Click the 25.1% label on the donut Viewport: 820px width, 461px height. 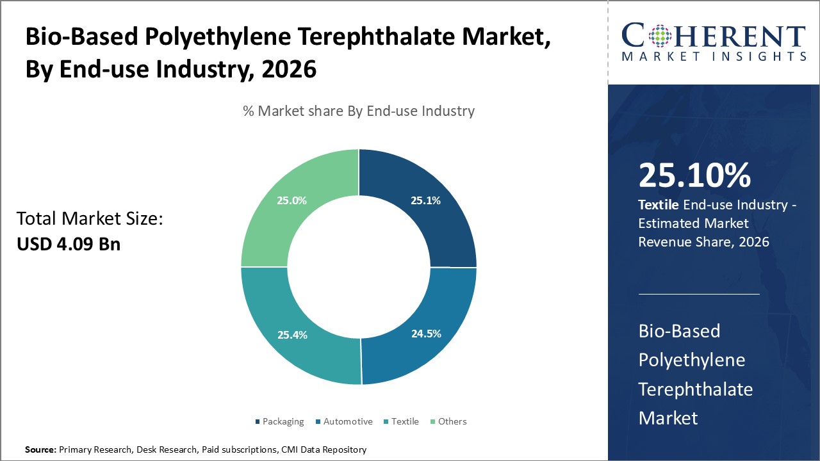(425, 200)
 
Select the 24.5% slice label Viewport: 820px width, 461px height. (425, 334)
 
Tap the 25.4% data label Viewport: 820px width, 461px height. (292, 334)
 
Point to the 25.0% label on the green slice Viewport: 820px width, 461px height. (291, 200)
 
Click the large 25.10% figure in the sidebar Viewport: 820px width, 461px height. (694, 176)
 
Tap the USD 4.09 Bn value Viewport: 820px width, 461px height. (69, 244)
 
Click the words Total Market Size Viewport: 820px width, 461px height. (90, 219)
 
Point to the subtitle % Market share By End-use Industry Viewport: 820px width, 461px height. (359, 111)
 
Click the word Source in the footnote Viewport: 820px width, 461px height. (40, 450)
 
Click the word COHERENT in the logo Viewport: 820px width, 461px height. (713, 35)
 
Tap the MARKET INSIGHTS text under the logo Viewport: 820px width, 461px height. (713, 56)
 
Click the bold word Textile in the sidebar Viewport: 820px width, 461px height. (659, 205)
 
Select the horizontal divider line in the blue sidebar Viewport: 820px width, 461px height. (699, 295)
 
